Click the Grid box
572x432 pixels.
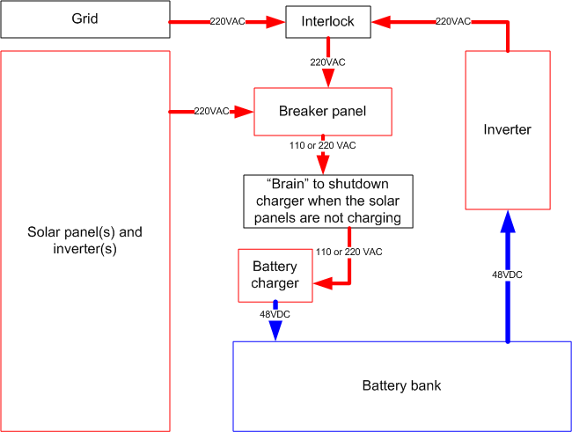(x=84, y=19)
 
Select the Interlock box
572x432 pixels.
(x=327, y=22)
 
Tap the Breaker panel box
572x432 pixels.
(x=322, y=112)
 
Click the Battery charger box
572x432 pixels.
(x=275, y=274)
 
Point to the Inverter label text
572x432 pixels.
(x=508, y=130)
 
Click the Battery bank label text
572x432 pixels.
(x=401, y=385)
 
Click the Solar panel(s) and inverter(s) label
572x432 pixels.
(x=84, y=240)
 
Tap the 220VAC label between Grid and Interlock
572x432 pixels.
(x=229, y=20)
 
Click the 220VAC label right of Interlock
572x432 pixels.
(x=454, y=20)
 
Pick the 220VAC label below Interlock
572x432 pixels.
(x=327, y=62)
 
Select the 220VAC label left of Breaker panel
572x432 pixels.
(x=211, y=112)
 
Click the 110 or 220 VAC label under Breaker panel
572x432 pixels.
(x=323, y=144)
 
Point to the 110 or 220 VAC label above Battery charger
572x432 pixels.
(x=349, y=252)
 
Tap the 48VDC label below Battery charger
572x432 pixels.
(x=275, y=314)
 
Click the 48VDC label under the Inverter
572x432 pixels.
(x=507, y=275)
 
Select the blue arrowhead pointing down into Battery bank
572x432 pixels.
(x=275, y=330)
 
